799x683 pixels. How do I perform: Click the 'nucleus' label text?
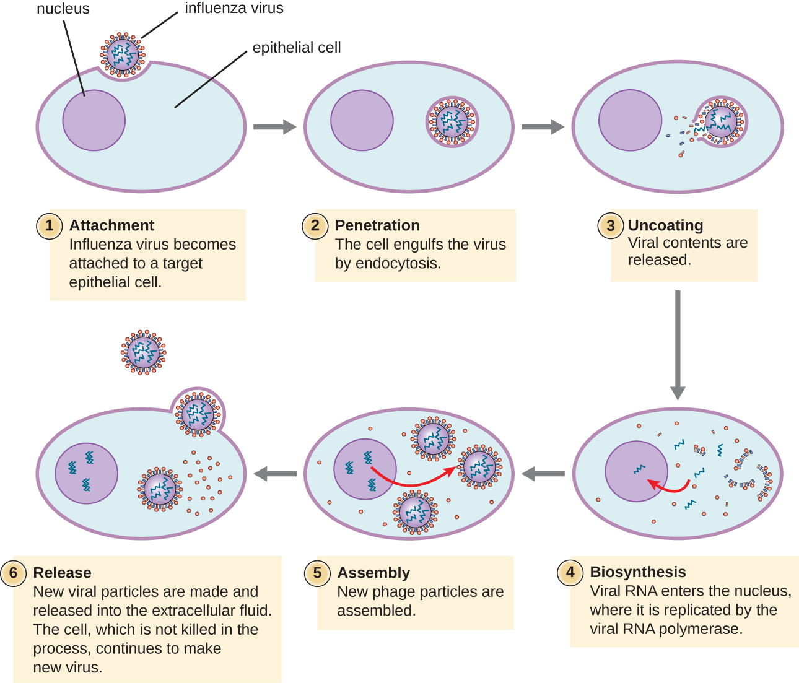click(63, 9)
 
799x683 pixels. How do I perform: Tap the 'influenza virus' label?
click(234, 8)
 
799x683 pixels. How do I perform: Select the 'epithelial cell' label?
click(296, 48)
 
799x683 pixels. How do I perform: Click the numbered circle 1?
click(50, 225)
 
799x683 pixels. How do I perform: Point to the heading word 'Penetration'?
click(377, 225)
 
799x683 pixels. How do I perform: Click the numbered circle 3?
click(610, 226)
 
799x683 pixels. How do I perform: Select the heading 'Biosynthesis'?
click(637, 572)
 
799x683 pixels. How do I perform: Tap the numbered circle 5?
click(317, 573)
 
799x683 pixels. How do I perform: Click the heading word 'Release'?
click(62, 573)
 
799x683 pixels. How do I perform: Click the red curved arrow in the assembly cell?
click(415, 481)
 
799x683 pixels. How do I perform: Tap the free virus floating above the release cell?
click(144, 352)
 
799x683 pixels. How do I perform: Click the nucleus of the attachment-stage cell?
click(94, 121)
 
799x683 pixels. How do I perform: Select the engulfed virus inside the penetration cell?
click(452, 121)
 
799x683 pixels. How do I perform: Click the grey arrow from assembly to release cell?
click(275, 474)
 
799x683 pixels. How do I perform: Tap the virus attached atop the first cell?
click(123, 54)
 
